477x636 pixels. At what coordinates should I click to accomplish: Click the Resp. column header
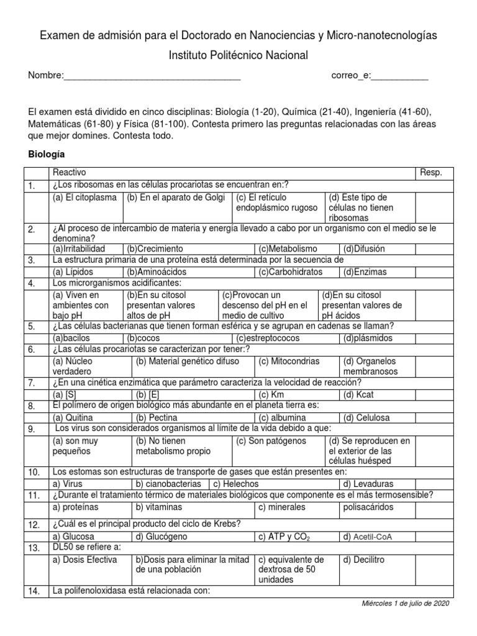click(x=431, y=172)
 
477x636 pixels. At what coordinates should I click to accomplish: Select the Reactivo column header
click(x=70, y=172)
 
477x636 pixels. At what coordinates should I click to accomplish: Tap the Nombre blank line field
click(x=152, y=76)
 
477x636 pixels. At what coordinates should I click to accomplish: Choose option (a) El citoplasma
click(x=84, y=197)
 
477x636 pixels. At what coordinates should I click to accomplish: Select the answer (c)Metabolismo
click(x=288, y=248)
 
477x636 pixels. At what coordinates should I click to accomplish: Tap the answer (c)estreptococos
click(x=268, y=338)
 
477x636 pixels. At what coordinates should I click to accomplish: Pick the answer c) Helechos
click(x=235, y=484)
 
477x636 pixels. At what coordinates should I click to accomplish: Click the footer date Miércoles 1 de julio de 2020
click(x=406, y=603)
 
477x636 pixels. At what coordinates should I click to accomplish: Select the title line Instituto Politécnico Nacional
click(x=238, y=56)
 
